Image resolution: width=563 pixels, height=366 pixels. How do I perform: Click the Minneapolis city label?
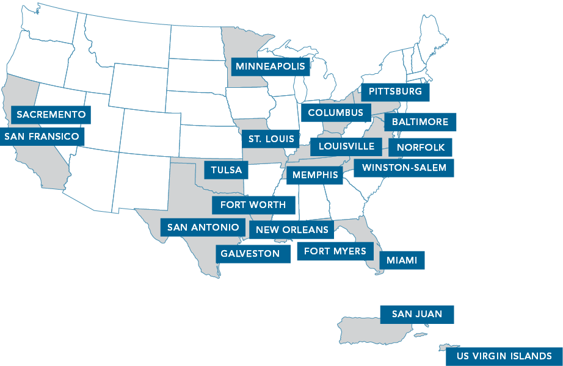click(271, 66)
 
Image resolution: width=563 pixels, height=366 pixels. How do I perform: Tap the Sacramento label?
click(51, 114)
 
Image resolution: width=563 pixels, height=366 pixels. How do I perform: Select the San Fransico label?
click(42, 137)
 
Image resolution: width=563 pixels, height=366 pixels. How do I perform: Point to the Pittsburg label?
click(395, 91)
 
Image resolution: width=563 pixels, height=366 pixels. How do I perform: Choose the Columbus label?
click(336, 112)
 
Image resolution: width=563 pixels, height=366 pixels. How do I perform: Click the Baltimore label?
click(420, 122)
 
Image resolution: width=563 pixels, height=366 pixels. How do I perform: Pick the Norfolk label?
click(421, 147)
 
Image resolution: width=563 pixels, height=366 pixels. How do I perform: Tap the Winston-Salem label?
click(404, 167)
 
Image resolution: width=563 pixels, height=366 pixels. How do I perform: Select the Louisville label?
click(346, 146)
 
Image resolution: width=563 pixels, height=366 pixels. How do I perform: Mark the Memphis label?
click(314, 176)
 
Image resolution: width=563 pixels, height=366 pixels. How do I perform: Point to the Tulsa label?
click(226, 170)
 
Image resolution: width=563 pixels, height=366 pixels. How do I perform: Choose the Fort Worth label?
click(253, 205)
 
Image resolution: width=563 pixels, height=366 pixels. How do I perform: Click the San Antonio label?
click(203, 228)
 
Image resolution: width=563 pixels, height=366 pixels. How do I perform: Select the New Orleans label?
click(292, 230)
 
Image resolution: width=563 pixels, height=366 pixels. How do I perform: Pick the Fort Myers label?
click(335, 251)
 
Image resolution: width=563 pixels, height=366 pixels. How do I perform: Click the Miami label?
click(402, 260)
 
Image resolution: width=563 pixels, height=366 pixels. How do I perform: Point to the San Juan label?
click(417, 314)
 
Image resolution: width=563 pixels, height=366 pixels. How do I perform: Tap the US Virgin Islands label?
click(504, 356)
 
